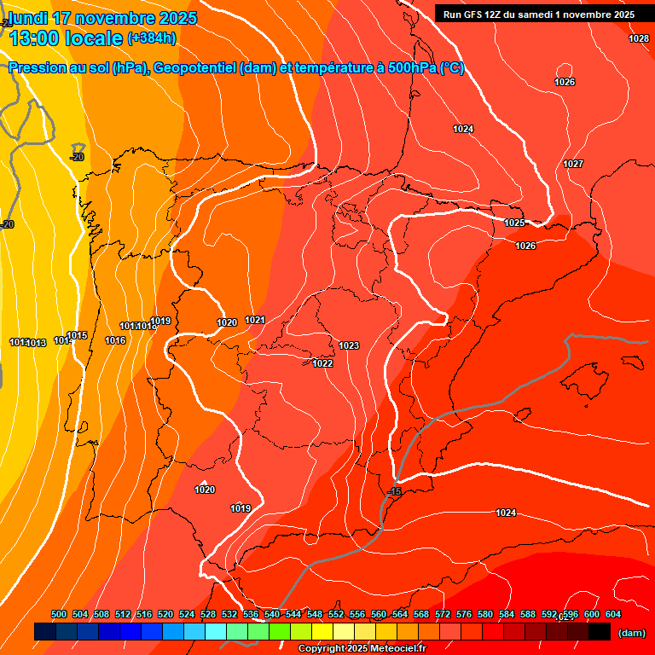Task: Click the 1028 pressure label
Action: click(x=638, y=38)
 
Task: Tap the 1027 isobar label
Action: click(x=573, y=164)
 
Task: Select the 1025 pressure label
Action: click(x=514, y=223)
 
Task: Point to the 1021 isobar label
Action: click(x=256, y=320)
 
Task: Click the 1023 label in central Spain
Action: click(x=349, y=345)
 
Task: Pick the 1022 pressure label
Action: click(x=322, y=363)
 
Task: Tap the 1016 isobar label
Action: click(x=115, y=340)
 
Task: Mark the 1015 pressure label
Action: click(x=78, y=335)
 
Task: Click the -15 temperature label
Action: click(x=394, y=492)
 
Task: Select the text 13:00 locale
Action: click(x=65, y=38)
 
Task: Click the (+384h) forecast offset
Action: click(x=152, y=38)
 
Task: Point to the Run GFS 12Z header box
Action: click(x=538, y=14)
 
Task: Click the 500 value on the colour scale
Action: click(x=59, y=614)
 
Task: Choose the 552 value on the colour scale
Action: click(x=336, y=614)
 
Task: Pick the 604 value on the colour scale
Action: click(x=612, y=614)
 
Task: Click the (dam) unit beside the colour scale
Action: click(x=631, y=632)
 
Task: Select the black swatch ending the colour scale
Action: click(x=600, y=632)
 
